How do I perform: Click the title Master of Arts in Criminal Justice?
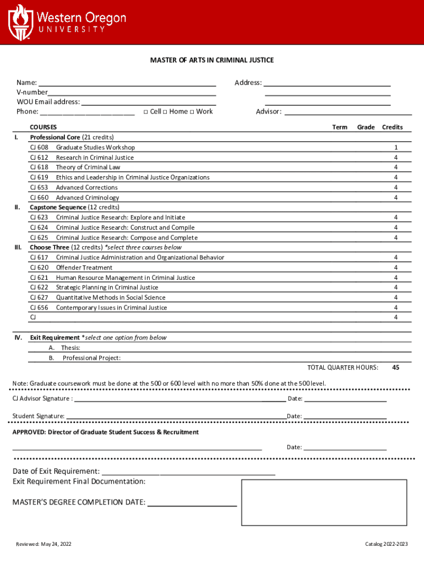[x=212, y=60]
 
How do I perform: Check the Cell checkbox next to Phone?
[x=145, y=112]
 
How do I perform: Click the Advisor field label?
[x=269, y=112]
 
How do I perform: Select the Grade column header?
[x=366, y=127]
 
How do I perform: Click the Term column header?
[x=340, y=127]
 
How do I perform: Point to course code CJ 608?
[x=39, y=148]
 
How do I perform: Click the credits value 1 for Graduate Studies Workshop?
[x=395, y=148]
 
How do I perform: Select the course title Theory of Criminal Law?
[x=88, y=167]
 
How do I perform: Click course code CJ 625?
[x=39, y=238]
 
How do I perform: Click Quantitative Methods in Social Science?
[x=111, y=298]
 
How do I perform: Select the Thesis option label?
[x=70, y=348]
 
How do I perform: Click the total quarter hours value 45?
[x=395, y=367]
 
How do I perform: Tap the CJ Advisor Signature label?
[x=42, y=399]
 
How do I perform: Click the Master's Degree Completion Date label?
[x=79, y=502]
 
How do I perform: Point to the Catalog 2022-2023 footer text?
[x=387, y=545]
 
